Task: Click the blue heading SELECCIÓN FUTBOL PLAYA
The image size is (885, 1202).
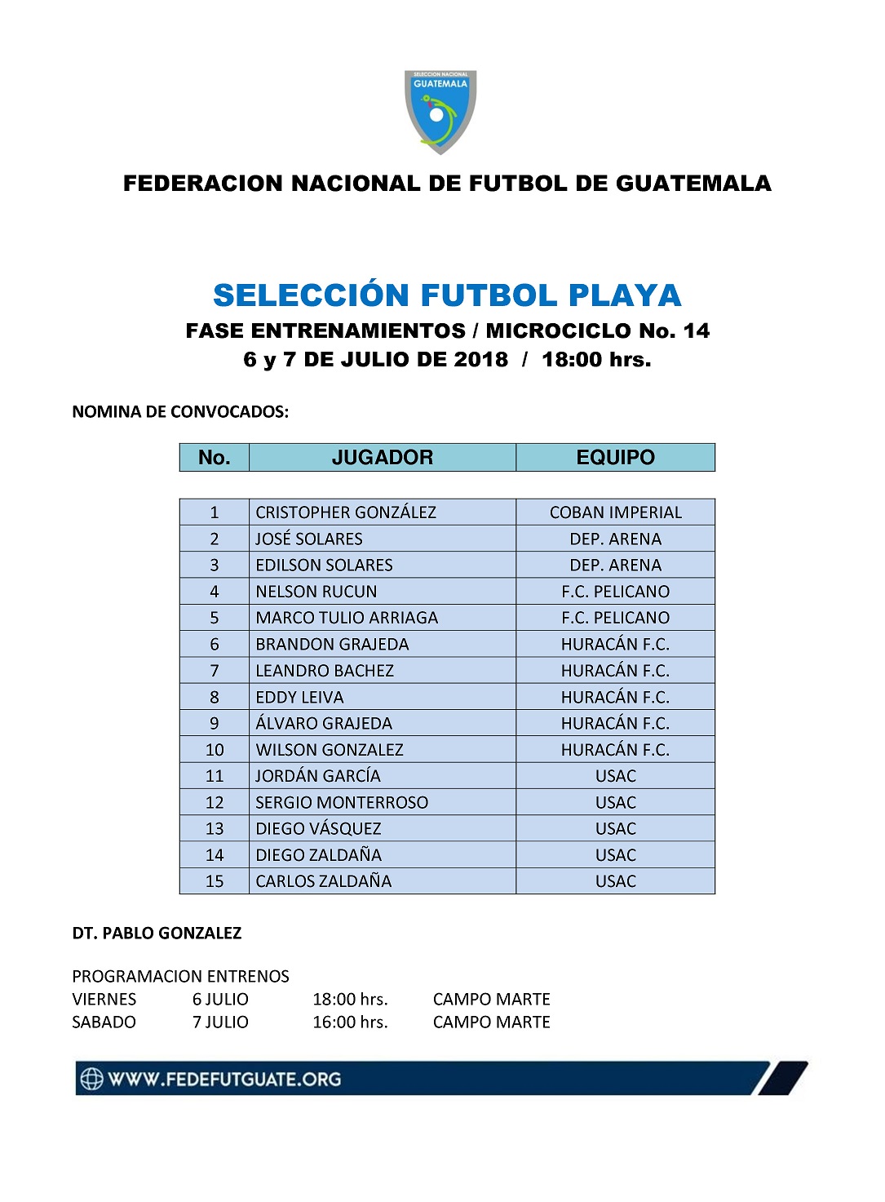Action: click(x=447, y=295)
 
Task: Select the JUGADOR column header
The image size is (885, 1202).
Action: click(x=382, y=458)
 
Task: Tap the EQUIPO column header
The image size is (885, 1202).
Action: click(x=615, y=458)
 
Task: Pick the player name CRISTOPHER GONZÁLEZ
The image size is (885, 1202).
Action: click(x=346, y=512)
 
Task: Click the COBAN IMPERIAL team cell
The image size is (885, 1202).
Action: click(x=615, y=512)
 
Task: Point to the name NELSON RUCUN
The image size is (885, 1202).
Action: click(x=316, y=592)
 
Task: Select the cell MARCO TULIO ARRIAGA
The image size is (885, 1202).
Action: click(x=347, y=618)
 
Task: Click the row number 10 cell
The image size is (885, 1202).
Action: click(x=215, y=750)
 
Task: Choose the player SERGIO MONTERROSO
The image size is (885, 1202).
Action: click(x=342, y=802)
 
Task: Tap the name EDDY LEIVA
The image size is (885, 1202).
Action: click(x=299, y=698)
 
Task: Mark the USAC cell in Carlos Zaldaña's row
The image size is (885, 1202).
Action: click(x=615, y=881)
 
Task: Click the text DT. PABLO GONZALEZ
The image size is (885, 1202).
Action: click(x=157, y=934)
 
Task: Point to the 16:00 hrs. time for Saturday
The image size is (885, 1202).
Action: click(x=350, y=1022)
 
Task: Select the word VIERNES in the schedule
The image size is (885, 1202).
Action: click(x=104, y=1000)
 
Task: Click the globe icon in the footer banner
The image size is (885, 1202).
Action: click(x=91, y=1079)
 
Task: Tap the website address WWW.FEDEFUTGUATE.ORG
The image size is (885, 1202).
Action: click(x=224, y=1080)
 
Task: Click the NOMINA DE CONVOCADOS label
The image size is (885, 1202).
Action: click(x=180, y=412)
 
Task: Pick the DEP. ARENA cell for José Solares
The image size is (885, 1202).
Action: click(x=615, y=539)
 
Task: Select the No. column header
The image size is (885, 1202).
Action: click(x=214, y=458)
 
